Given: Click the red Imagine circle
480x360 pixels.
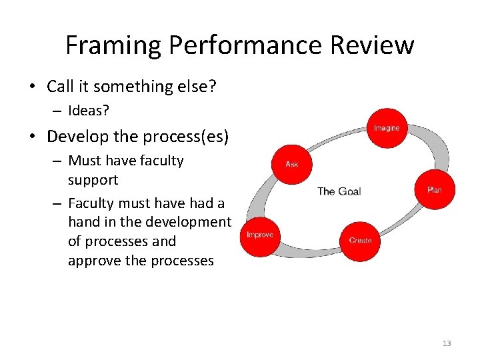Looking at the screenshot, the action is (x=387, y=127).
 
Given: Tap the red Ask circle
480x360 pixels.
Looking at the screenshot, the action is (x=292, y=163).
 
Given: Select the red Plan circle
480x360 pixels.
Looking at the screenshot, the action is (x=435, y=190).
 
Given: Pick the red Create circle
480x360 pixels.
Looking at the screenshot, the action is (x=361, y=240).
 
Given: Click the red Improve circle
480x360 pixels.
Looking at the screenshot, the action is (x=260, y=235).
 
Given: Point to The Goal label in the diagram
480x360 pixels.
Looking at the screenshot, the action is (x=339, y=191).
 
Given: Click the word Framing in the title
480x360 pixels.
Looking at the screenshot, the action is (x=113, y=45).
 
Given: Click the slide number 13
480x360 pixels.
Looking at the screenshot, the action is (x=447, y=343).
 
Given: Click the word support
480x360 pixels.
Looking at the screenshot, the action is (x=93, y=180).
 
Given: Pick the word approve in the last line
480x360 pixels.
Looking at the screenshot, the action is (x=93, y=261).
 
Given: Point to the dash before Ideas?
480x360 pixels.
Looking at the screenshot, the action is (x=57, y=110).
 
